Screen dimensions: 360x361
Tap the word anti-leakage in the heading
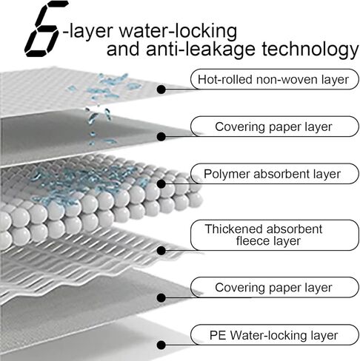(x=201, y=49)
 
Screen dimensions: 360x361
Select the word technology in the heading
(x=310, y=50)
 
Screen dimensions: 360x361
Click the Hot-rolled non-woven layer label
(x=275, y=79)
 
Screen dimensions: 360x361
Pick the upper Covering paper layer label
(x=275, y=126)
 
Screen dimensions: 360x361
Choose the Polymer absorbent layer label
(x=275, y=174)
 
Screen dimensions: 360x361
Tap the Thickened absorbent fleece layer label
(x=275, y=235)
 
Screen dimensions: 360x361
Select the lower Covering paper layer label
(x=275, y=287)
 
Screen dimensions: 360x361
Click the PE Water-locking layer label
(x=275, y=335)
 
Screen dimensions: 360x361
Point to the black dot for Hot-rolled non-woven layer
(x=161, y=90)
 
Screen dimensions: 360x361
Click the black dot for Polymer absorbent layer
(x=161, y=183)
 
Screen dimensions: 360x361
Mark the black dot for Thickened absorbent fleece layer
(x=161, y=251)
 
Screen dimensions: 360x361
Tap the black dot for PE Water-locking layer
(x=161, y=345)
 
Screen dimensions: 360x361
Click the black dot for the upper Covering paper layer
(x=161, y=137)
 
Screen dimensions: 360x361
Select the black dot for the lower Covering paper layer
(x=161, y=297)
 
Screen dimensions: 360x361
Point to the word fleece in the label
(x=251, y=240)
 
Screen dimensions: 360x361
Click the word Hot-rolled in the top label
(x=225, y=79)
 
